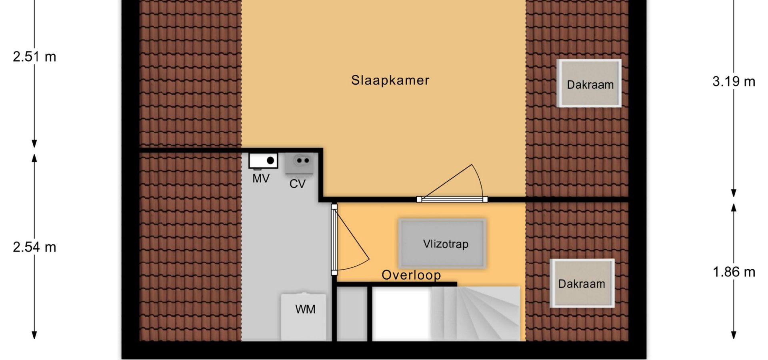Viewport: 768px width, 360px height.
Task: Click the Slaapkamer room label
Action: coord(390,80)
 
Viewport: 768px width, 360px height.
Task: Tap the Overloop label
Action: coord(411,275)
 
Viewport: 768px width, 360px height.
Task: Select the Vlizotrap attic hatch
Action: coord(442,243)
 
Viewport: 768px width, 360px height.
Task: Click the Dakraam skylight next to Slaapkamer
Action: coord(589,83)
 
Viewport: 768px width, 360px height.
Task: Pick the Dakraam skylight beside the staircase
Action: coord(582,283)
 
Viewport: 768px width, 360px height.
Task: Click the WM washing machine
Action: coord(304,317)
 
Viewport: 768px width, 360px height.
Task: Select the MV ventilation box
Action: coord(263,161)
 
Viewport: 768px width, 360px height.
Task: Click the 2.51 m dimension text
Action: coord(34,57)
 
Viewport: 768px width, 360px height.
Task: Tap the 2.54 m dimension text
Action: coord(34,247)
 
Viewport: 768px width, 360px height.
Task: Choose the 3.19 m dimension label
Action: coord(734,82)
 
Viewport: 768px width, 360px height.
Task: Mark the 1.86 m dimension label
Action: coord(734,272)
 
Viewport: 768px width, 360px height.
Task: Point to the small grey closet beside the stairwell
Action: coord(352,314)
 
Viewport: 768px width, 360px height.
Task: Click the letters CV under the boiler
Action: coord(297,184)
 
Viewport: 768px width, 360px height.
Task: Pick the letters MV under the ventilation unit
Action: coord(261,179)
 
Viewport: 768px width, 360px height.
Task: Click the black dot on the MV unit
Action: coord(270,160)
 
